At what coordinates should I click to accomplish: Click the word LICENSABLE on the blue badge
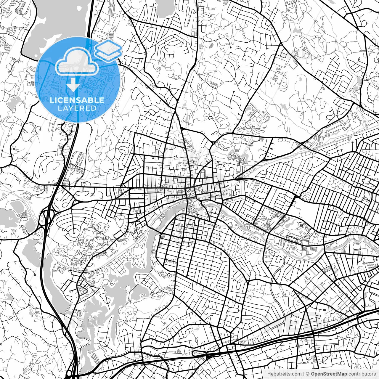coord(77,100)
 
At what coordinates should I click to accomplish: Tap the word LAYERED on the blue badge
coord(77,108)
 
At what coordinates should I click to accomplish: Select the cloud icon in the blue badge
coord(77,62)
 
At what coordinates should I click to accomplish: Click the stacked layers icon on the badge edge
coord(108,50)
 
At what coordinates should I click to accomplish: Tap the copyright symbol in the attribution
coord(308,374)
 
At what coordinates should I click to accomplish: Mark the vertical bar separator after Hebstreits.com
coord(304,374)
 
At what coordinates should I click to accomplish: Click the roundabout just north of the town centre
coord(213,143)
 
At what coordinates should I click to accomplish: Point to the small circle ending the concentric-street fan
coord(73,232)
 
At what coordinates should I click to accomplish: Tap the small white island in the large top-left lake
coord(41,22)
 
